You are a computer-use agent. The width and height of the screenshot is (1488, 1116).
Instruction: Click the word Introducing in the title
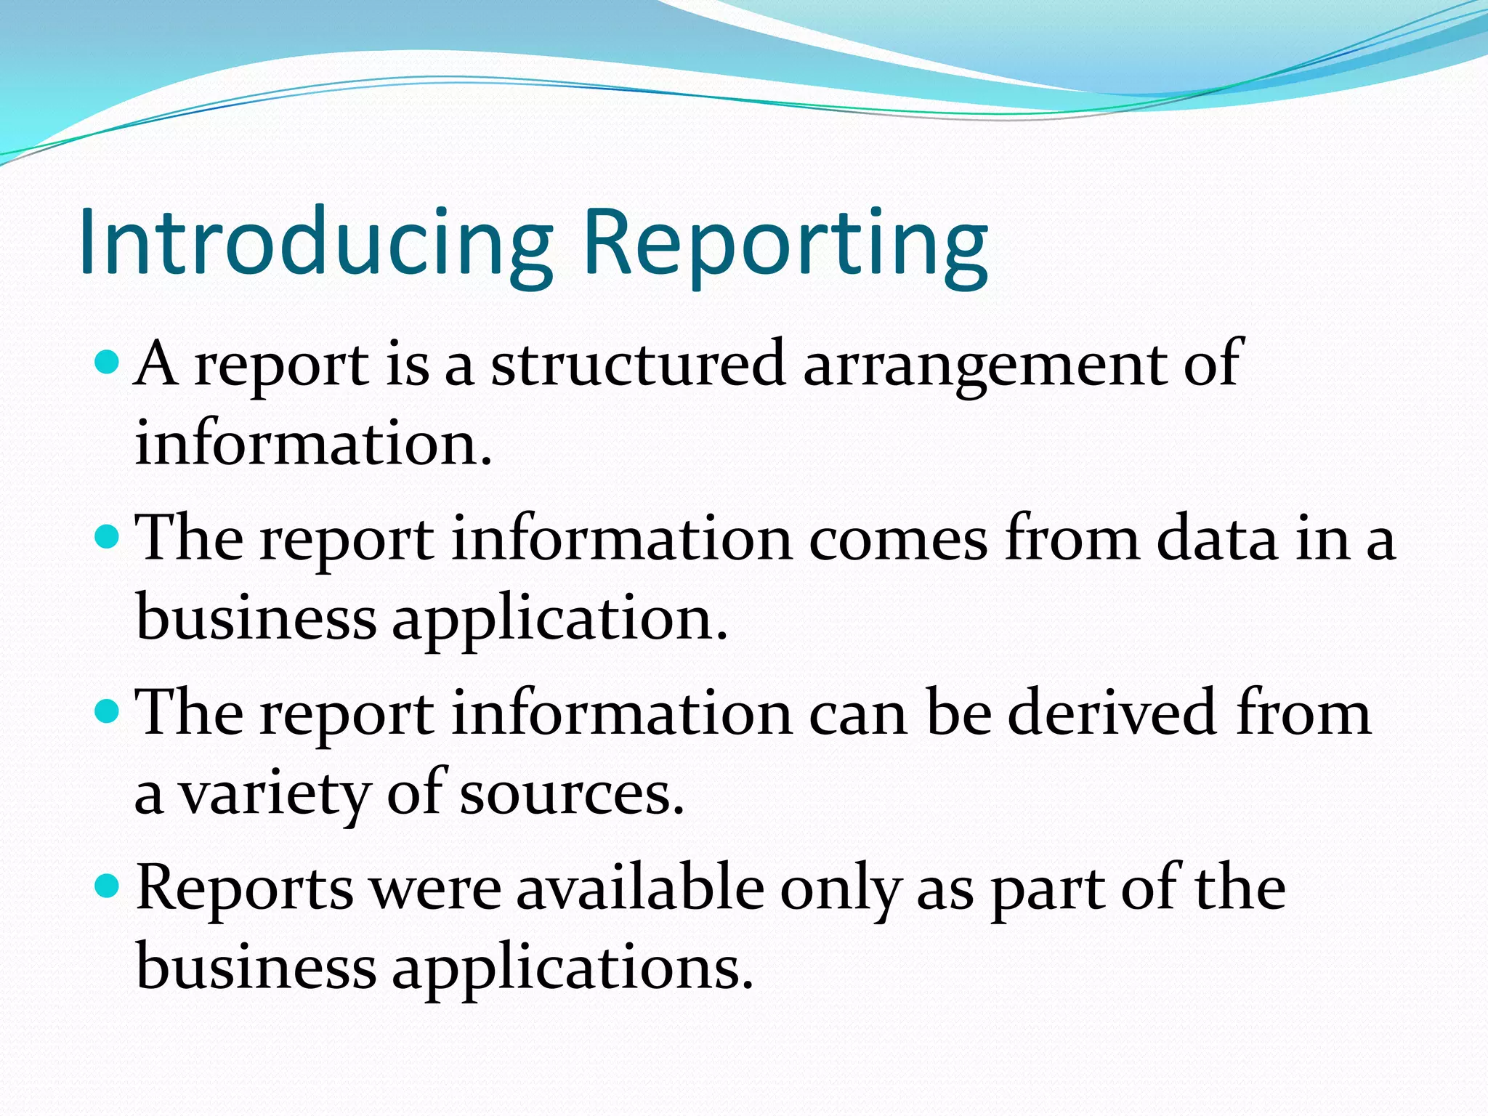coord(316,242)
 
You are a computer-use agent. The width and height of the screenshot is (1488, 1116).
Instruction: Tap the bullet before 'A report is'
coord(107,361)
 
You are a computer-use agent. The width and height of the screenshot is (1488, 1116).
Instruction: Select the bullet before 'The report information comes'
coord(107,537)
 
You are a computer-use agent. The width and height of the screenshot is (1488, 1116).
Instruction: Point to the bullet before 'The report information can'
coord(107,711)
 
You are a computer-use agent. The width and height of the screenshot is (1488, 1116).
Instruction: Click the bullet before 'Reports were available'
coord(107,886)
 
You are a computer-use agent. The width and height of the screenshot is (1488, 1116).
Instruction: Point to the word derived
coord(1112,713)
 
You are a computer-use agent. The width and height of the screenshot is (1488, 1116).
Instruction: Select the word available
coord(640,888)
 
